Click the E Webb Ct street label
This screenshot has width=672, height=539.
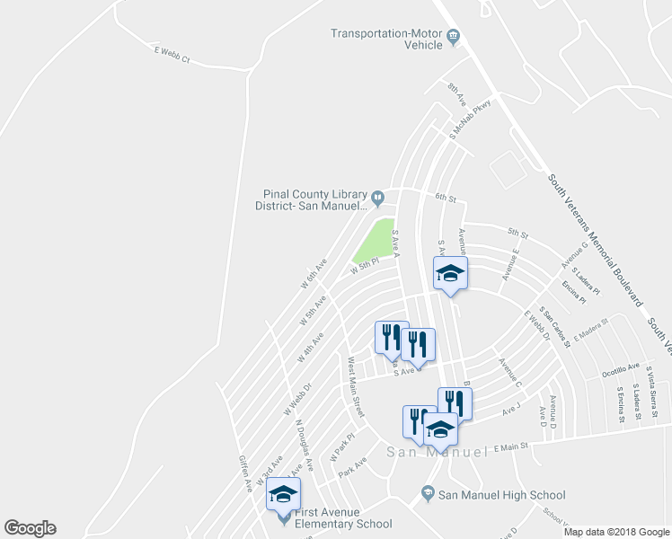172,57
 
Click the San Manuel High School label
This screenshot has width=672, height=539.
502,495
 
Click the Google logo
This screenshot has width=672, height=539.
30,528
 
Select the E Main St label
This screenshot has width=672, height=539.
510,446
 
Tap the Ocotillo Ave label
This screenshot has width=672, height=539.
621,367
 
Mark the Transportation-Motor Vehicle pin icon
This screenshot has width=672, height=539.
454,37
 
